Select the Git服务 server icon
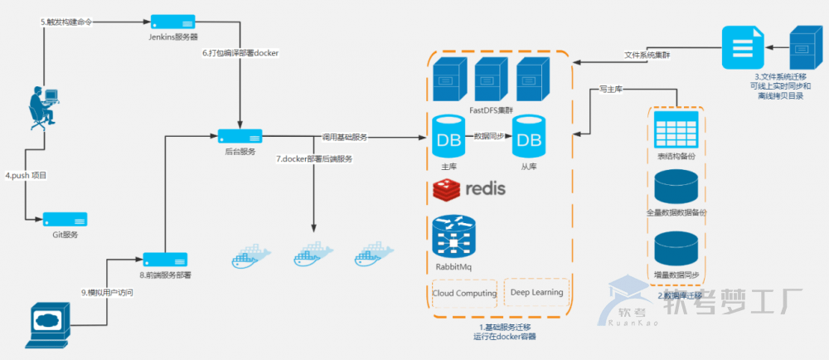pyautogui.click(x=65, y=220)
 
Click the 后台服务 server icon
pyautogui.click(x=240, y=135)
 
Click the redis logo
pyautogui.click(x=469, y=189)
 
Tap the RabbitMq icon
pyautogui.click(x=453, y=237)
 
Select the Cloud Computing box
pyautogui.click(x=464, y=293)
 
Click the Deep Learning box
pyautogui.click(x=536, y=293)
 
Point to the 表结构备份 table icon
pyautogui.click(x=676, y=131)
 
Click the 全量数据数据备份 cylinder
pyautogui.click(x=676, y=188)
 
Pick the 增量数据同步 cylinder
pyautogui.click(x=676, y=250)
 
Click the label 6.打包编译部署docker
pyautogui.click(x=241, y=54)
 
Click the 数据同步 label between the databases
pyautogui.click(x=489, y=135)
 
